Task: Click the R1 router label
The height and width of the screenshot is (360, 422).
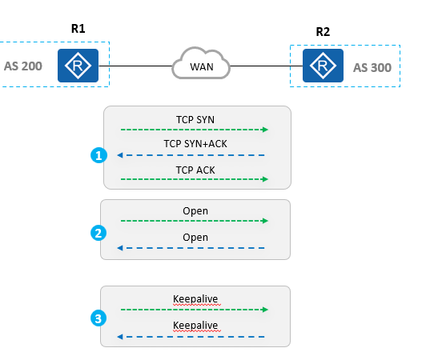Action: [x=78, y=29]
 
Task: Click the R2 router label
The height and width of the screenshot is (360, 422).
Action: [x=323, y=32]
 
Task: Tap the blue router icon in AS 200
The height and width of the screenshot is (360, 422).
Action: [x=78, y=66]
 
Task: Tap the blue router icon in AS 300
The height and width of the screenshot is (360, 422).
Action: [x=323, y=66]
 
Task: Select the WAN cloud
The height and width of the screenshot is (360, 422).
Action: [x=201, y=63]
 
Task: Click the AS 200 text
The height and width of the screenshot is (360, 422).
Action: [x=23, y=66]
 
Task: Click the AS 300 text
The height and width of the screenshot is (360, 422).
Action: [x=372, y=68]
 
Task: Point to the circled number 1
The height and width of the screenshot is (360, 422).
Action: [x=98, y=155]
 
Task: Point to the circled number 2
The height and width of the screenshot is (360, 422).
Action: [x=98, y=233]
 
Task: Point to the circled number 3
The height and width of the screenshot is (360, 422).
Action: [x=98, y=318]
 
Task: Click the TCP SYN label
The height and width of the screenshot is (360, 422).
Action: [x=195, y=120]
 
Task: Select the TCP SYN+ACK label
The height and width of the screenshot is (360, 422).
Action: [x=195, y=144]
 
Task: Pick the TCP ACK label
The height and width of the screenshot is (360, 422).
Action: [x=195, y=170]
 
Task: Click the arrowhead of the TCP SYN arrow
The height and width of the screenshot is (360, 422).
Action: [x=266, y=130]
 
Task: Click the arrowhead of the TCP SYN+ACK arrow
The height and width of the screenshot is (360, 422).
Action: [x=120, y=155]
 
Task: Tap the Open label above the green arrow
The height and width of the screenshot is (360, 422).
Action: [x=195, y=211]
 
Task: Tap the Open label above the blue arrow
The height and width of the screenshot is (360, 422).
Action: [x=195, y=238]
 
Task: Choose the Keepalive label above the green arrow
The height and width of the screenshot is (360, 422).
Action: [x=195, y=299]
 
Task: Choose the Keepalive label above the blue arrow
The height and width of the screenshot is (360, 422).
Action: [x=195, y=326]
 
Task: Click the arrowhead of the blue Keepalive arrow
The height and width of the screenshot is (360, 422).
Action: [x=120, y=337]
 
